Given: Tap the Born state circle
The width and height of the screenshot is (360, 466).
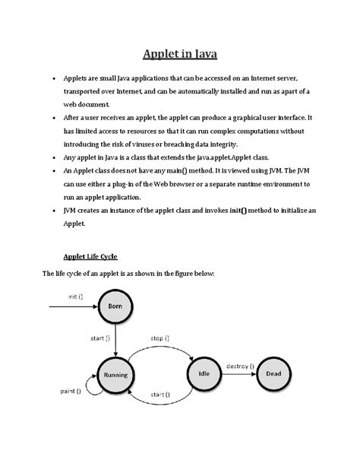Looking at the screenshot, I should point(115,307).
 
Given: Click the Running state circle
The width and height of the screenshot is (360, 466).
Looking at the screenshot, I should point(115,376).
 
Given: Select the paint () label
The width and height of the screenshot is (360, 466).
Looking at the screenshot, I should point(73,393).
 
